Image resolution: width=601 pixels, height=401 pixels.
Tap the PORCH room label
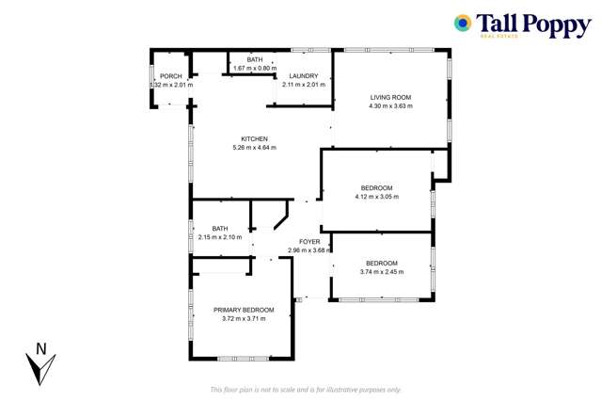[x=170, y=76]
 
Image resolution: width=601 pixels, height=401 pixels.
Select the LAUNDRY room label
[x=304, y=76]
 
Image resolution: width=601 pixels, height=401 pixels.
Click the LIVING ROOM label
[x=390, y=96]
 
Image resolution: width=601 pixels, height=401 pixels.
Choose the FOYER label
[x=309, y=241]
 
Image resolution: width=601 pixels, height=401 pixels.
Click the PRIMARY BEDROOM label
[x=244, y=310]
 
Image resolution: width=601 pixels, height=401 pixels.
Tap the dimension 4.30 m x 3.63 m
[x=390, y=104]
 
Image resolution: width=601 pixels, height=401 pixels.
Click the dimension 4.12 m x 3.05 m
[x=376, y=197]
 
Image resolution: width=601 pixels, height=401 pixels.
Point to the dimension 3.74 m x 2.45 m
[x=381, y=271]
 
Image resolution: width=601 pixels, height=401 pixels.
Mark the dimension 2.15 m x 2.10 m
[x=220, y=236]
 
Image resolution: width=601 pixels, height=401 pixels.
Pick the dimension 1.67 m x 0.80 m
[x=255, y=68]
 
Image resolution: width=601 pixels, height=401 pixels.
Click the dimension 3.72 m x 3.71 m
[x=244, y=318]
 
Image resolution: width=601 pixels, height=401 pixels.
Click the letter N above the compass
[x=40, y=347]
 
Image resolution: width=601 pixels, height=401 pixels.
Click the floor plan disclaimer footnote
[x=306, y=389]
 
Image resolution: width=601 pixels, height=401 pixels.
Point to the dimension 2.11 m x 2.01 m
[x=304, y=85]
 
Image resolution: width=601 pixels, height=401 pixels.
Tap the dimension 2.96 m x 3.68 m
[x=309, y=249]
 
